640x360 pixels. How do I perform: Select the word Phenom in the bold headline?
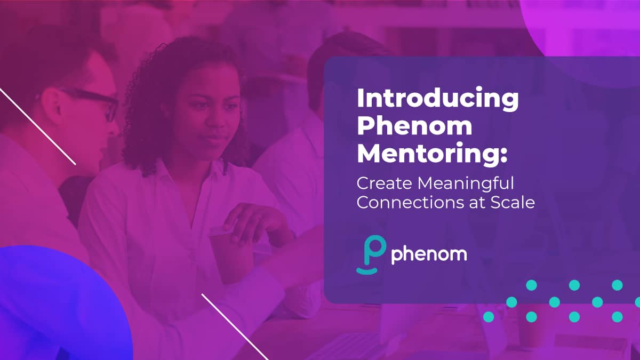tap(414, 126)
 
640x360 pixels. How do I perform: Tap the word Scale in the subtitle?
tap(513, 202)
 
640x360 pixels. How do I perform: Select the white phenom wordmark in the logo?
tap(429, 255)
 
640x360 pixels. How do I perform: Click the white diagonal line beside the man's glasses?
tap(38, 126)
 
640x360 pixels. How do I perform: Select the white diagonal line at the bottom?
tap(235, 327)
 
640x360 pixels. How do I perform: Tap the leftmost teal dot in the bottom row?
tap(489, 317)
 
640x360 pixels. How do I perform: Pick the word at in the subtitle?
tap(477, 203)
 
